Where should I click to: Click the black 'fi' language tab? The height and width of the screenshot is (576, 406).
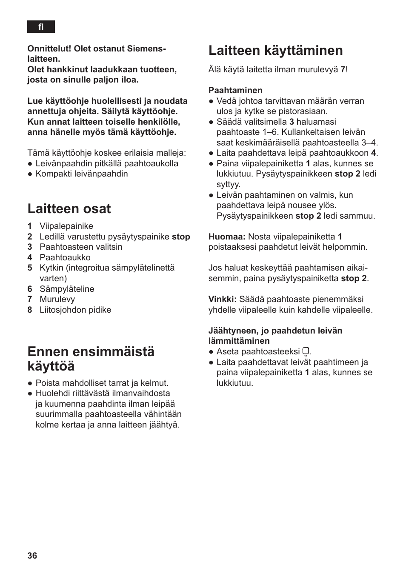(41, 27)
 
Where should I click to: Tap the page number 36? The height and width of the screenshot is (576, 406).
(32, 556)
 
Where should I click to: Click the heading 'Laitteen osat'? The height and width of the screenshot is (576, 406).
(69, 208)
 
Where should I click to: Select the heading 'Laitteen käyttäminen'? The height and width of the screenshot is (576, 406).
(275, 50)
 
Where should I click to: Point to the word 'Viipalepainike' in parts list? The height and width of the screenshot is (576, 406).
(66, 226)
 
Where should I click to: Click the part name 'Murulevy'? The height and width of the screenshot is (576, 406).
(57, 299)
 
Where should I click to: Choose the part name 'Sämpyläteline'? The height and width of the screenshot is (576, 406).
(67, 289)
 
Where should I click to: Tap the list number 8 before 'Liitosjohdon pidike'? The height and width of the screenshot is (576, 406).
(30, 310)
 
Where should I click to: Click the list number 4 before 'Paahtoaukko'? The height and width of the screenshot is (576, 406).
(30, 257)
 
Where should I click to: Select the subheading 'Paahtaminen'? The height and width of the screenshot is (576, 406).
(235, 90)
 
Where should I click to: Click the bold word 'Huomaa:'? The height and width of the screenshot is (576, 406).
(227, 237)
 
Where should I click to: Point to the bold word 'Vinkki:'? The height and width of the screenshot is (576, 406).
(222, 299)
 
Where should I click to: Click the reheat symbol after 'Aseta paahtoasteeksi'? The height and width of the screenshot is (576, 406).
(306, 352)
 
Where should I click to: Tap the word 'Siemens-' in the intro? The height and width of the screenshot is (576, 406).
(146, 48)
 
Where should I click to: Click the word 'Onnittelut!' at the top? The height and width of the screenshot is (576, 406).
(49, 48)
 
